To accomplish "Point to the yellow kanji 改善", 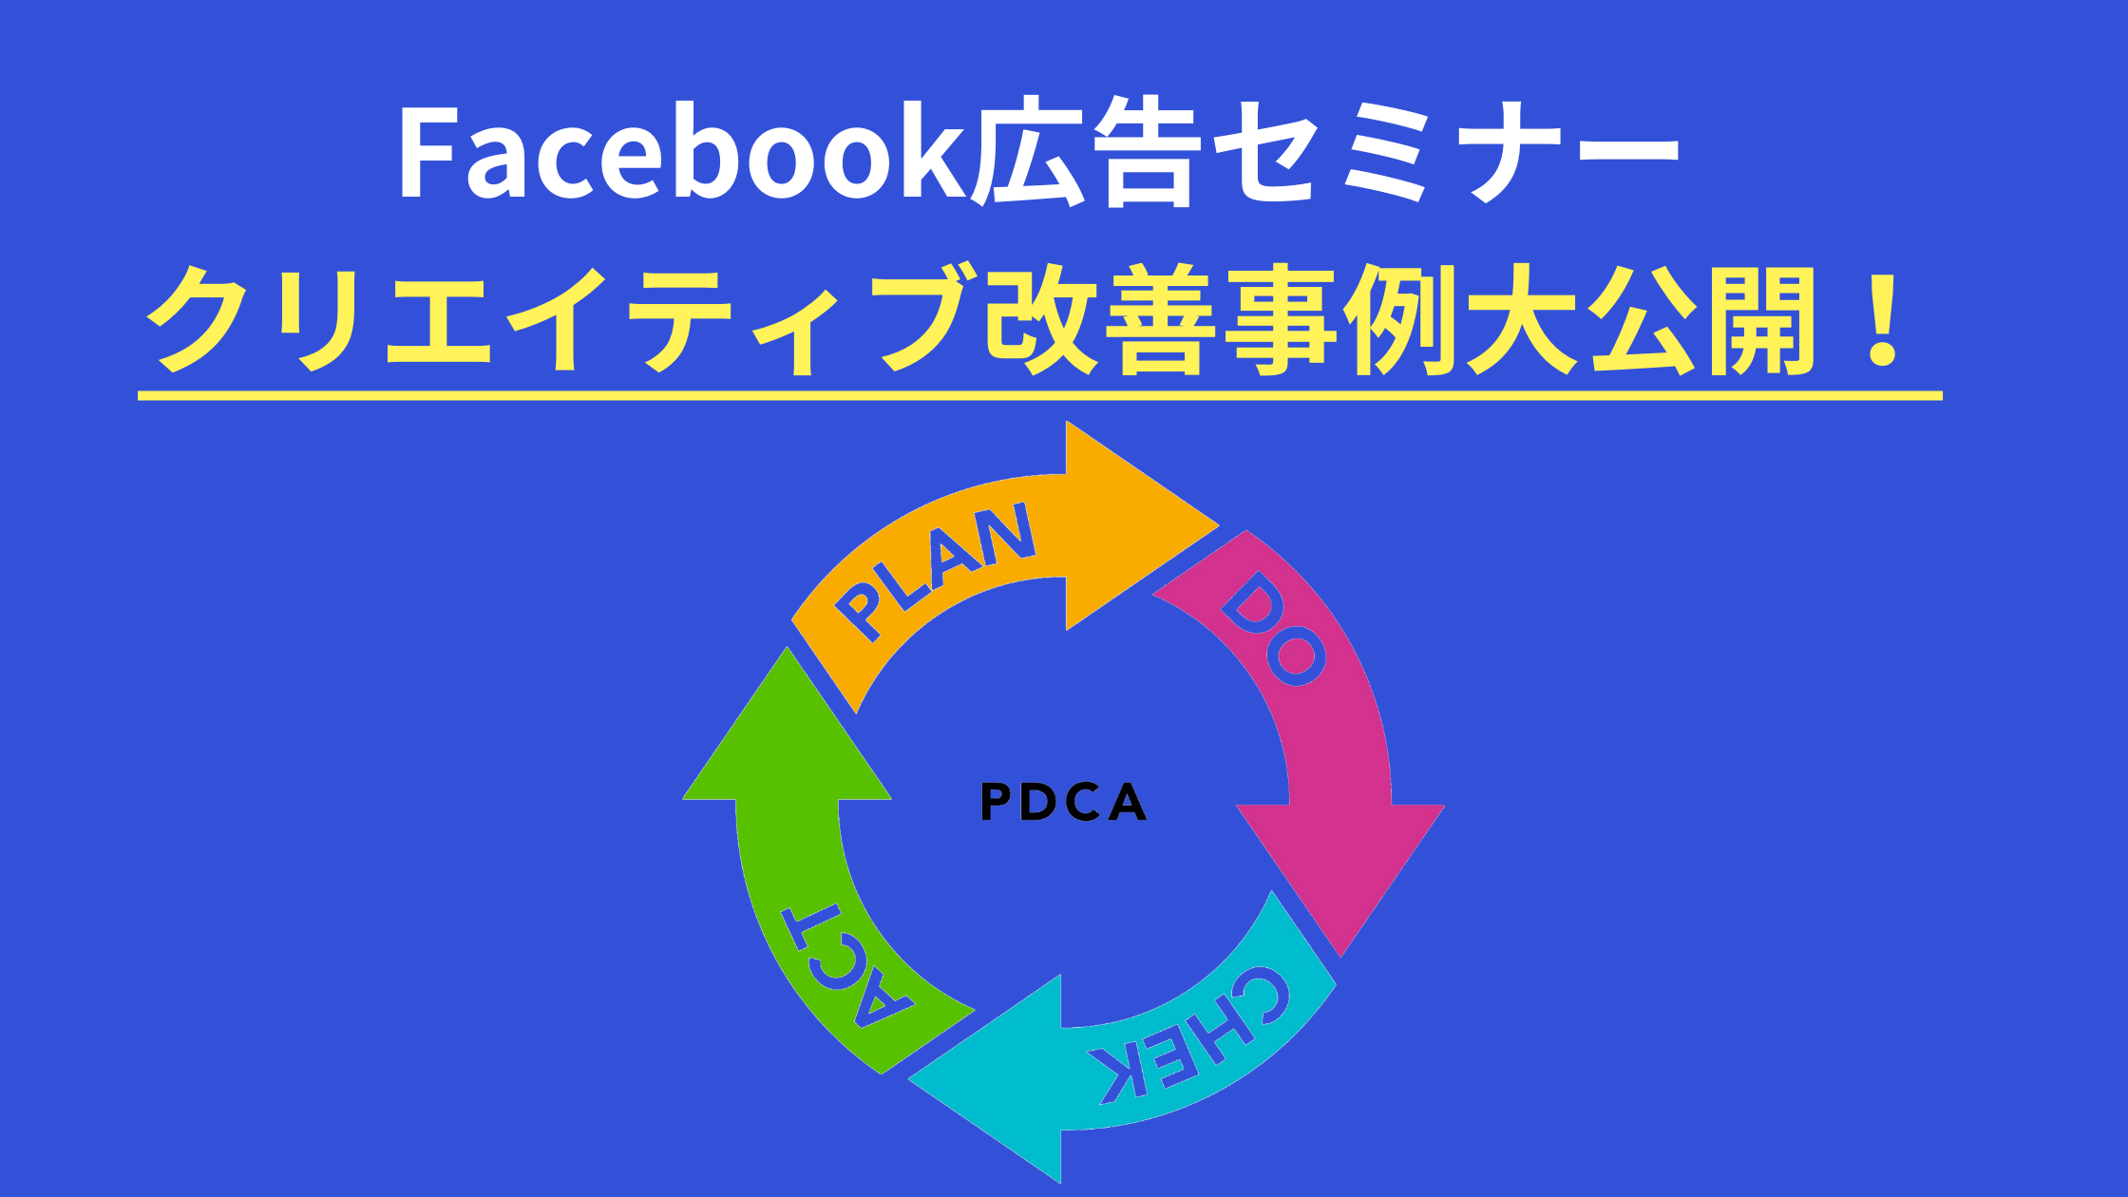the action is coord(1102,319).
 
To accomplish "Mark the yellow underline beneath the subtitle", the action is coord(1039,395).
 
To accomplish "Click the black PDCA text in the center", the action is coord(1063,802).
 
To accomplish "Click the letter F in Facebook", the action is coord(422,154).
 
